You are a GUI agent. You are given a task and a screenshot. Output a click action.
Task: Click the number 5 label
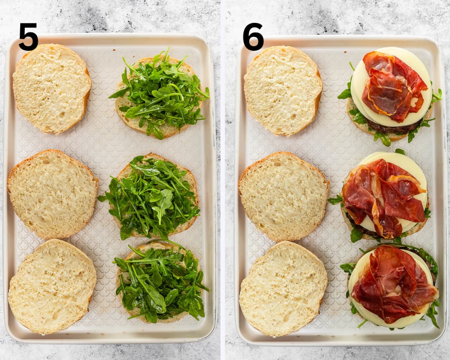(x=28, y=36)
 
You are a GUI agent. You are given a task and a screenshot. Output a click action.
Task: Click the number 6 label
(x=253, y=36)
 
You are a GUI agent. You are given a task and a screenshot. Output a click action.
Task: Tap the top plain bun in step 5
(x=52, y=89)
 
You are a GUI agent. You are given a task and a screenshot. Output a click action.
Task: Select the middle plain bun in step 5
(x=53, y=194)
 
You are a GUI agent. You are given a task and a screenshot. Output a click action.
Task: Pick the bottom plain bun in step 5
(x=52, y=287)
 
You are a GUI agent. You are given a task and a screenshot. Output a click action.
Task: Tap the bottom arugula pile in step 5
(x=161, y=283)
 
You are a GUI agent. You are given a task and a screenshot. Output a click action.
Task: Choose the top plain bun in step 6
(x=283, y=91)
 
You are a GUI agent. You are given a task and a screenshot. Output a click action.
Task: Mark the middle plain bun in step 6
(x=283, y=196)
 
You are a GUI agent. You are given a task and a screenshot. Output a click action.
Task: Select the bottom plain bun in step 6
(x=283, y=289)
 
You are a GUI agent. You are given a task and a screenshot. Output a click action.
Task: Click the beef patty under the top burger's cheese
(x=393, y=129)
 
